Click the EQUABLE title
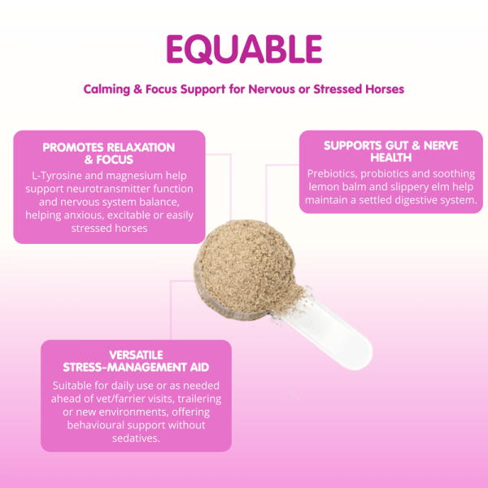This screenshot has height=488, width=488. click(x=244, y=49)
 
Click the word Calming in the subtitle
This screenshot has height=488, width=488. click(x=107, y=89)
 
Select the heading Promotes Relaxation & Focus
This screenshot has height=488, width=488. click(x=109, y=154)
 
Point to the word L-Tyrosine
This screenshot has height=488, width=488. click(x=57, y=176)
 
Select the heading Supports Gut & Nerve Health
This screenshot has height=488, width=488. click(x=391, y=151)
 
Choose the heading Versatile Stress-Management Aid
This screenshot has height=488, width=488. click(x=136, y=361)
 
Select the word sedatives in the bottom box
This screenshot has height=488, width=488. click(x=136, y=438)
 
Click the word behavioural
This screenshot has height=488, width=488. click(x=95, y=425)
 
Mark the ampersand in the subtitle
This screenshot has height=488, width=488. click(x=137, y=89)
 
